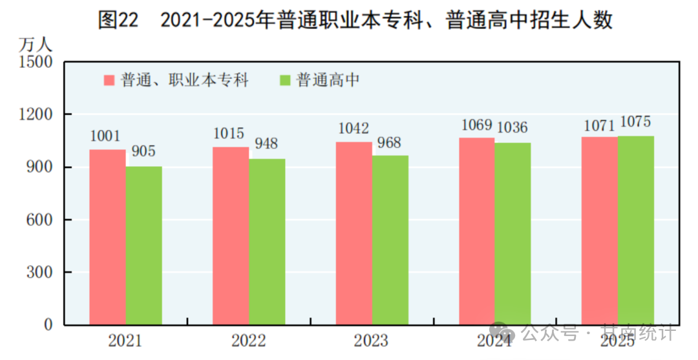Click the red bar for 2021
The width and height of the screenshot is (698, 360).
click(x=107, y=237)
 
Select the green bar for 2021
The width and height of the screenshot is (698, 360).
click(x=143, y=246)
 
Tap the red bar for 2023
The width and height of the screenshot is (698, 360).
click(x=354, y=233)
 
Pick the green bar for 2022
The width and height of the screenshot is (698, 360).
click(x=267, y=242)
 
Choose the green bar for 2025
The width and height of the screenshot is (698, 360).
click(x=636, y=230)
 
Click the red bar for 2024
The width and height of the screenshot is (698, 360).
click(x=477, y=231)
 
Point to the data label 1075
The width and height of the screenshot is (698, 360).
click(x=635, y=122)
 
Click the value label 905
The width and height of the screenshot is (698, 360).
click(x=143, y=152)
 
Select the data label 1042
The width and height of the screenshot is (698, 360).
click(x=354, y=128)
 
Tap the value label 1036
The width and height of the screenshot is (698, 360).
click(x=513, y=128)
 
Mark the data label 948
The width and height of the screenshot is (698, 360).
click(x=266, y=143)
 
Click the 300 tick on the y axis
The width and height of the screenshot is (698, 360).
click(x=39, y=272)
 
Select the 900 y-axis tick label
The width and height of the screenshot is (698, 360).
click(x=39, y=167)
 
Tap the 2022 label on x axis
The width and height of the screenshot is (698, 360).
click(x=248, y=341)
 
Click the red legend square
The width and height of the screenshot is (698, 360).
click(x=109, y=81)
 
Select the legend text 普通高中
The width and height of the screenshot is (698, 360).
click(x=328, y=80)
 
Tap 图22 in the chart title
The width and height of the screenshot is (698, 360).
click(x=118, y=20)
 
